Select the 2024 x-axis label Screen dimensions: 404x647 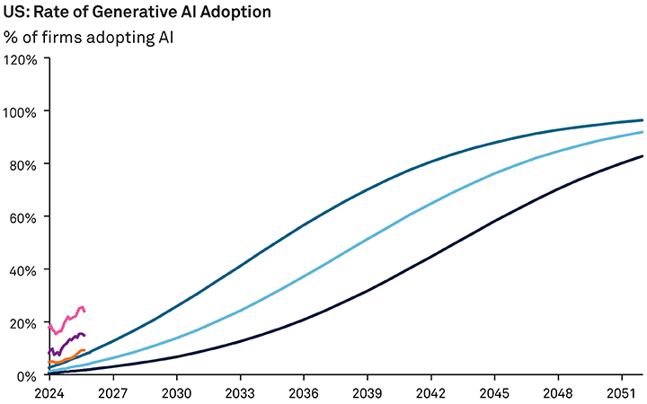coord(49,392)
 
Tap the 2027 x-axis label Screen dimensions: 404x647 coord(112,392)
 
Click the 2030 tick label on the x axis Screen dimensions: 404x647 coord(176,392)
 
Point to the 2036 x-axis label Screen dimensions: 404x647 coord(304,392)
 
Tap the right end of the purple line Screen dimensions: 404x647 coord(84,335)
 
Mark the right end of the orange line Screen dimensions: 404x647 coord(84,351)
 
